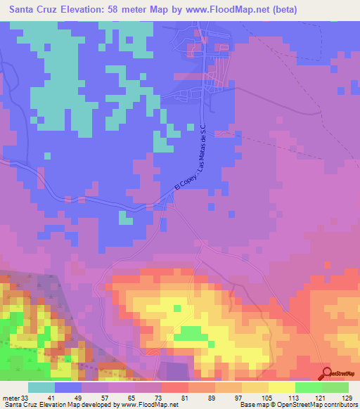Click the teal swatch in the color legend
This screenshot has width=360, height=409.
coord(41,387)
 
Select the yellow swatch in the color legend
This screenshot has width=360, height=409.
coord(281,387)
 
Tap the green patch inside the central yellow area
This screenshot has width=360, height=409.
coord(188,334)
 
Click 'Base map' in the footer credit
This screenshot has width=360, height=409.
coord(255,404)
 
